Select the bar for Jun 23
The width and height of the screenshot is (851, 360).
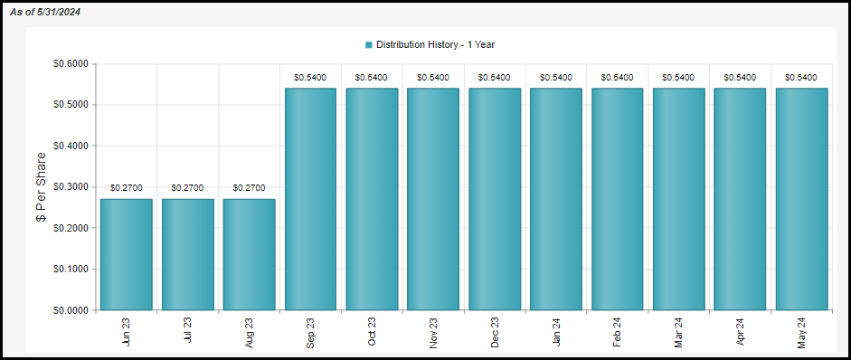pos(127,254)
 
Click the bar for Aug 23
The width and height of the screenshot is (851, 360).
pos(249,254)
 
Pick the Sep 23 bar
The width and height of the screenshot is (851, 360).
pos(310,199)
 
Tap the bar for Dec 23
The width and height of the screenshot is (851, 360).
pos(495,199)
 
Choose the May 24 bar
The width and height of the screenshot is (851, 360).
pos(801,199)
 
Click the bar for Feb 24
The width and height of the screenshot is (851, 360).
pos(617,199)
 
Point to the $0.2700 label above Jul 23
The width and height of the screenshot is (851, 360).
pos(188,188)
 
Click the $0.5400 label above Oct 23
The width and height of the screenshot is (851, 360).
pos(372,78)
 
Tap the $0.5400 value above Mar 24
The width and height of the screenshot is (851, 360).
pos(678,78)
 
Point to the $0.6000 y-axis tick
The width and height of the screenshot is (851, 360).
pos(70,64)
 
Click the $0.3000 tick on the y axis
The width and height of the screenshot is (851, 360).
pos(70,187)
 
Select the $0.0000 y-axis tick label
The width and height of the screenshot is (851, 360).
pos(70,310)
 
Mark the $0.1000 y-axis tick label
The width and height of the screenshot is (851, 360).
pos(70,270)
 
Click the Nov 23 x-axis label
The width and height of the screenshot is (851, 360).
pos(433,332)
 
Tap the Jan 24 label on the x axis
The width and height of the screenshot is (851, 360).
pos(556,332)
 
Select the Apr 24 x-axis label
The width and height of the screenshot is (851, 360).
pos(740,332)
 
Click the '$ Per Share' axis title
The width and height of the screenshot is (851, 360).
pos(41,187)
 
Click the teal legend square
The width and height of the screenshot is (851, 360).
pos(369,44)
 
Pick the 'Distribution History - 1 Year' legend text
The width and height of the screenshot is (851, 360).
pos(435,44)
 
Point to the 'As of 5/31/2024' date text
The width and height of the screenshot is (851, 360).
pos(45,12)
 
